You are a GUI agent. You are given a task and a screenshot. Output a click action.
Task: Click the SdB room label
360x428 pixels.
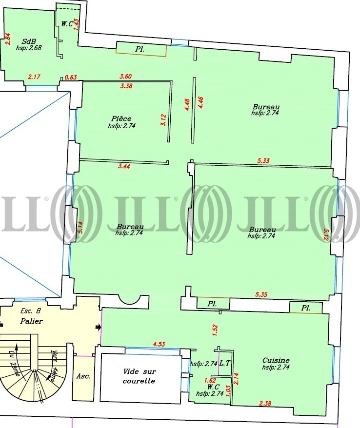pyautogui.click(x=28, y=41)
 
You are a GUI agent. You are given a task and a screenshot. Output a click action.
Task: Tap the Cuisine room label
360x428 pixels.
pyautogui.click(x=276, y=360)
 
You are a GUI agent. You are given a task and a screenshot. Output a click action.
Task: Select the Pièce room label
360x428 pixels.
pyautogui.click(x=121, y=118)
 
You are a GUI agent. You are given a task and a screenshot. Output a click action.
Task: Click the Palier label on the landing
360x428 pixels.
pyautogui.click(x=31, y=321)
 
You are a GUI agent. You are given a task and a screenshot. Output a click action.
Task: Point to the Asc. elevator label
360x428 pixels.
pyautogui.click(x=83, y=376)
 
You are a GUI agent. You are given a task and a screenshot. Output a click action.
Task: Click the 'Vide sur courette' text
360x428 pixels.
pyautogui.click(x=140, y=376)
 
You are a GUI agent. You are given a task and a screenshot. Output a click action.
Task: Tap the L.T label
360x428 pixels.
pyautogui.click(x=225, y=363)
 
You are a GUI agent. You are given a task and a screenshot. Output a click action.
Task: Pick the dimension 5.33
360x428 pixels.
pyautogui.click(x=263, y=160)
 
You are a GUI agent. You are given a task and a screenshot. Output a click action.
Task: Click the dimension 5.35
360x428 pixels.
pyautogui.click(x=261, y=294)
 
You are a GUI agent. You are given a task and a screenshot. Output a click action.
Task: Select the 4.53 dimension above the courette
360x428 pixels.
pyautogui.click(x=159, y=344)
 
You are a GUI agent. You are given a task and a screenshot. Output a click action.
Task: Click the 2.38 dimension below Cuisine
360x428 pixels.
pyautogui.click(x=265, y=403)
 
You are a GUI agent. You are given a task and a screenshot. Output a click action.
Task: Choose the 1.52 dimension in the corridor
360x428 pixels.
pyautogui.click(x=215, y=330)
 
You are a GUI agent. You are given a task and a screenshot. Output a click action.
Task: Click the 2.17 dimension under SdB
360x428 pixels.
pyautogui.click(x=34, y=77)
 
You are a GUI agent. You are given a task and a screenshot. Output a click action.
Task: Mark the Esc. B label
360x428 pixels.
pyautogui.click(x=31, y=311)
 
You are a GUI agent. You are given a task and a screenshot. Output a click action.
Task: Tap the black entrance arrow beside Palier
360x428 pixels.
pyautogui.click(x=98, y=327)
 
